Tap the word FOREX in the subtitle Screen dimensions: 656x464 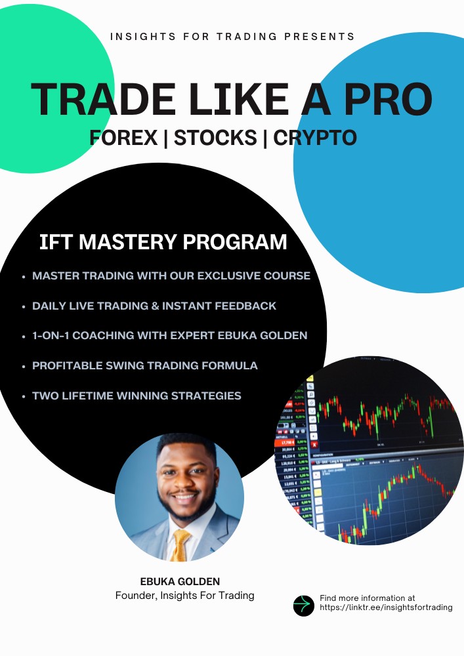[124, 137]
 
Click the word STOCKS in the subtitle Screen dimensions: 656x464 [215, 137]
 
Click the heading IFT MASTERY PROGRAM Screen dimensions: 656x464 [163, 241]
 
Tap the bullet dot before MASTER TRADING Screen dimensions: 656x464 [24, 277]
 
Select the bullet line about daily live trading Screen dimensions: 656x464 [154, 306]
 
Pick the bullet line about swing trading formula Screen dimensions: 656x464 [145, 365]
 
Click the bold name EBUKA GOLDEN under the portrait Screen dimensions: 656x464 [179, 581]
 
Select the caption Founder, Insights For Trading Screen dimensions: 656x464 [184, 596]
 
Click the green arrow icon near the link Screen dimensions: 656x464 [304, 605]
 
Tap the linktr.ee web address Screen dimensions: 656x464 [386, 608]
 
